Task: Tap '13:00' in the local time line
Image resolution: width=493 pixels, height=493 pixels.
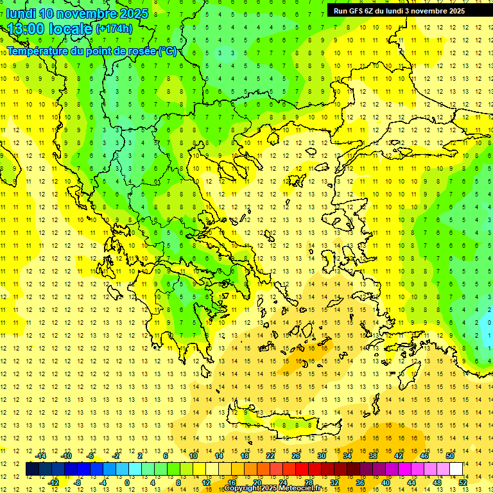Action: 26,29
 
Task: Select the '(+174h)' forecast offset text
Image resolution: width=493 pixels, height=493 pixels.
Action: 114,29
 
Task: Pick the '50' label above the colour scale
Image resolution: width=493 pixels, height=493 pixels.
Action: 450,456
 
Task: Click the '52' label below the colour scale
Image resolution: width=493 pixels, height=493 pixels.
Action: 463,483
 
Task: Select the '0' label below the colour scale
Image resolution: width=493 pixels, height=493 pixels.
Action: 127,483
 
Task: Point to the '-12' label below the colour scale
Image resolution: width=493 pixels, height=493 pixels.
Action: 53,483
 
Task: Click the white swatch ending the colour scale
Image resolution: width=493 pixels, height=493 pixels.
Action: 456,469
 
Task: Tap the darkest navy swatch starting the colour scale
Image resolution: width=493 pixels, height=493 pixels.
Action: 33,469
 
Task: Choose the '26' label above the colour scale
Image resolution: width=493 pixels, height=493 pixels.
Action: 296,456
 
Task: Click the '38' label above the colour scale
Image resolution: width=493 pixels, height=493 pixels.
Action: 373,456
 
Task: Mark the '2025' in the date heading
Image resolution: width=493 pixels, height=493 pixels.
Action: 134,13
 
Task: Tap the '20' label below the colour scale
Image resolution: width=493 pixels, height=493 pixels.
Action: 257,483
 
